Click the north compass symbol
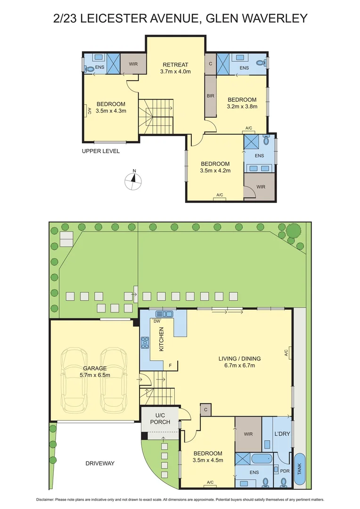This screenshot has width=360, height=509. pos(134,179)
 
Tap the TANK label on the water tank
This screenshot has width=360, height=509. pos(299,469)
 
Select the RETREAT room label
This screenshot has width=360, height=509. pos(175,65)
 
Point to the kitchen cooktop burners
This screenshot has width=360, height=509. pos(145,342)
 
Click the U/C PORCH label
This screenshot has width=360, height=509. pos(160,419)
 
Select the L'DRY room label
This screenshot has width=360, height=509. pos(282,433)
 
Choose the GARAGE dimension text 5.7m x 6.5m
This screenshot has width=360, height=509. pos(95,375)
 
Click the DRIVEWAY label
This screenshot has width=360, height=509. pos(100,463)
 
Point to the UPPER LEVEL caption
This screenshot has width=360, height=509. pos(101,151)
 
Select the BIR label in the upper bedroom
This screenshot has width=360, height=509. pos(210,95)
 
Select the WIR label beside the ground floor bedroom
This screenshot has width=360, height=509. pos(248,433)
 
